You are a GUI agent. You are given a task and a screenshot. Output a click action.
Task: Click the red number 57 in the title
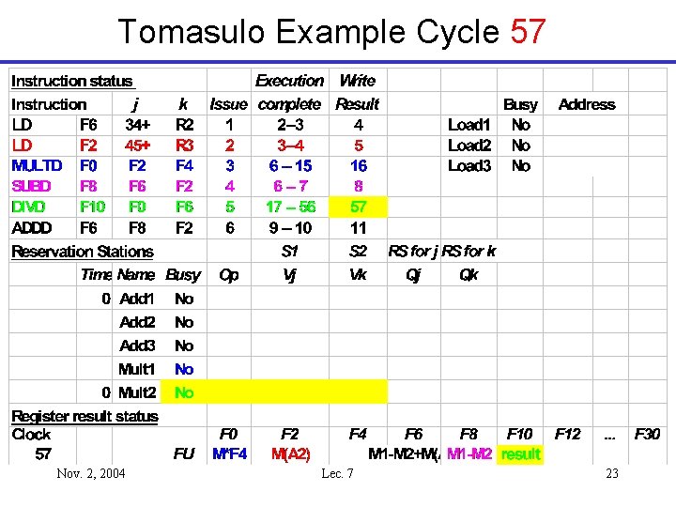point(528,33)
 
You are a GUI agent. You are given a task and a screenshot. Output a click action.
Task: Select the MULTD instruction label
point(37,165)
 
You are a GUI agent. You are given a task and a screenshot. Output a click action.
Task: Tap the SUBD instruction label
point(32,186)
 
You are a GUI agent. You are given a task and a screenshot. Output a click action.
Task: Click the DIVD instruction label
point(29,207)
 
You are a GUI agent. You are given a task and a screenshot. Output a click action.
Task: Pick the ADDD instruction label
point(32,227)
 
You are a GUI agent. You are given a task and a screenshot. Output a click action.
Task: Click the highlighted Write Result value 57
point(359,207)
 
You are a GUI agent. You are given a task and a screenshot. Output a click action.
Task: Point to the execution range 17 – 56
point(290,207)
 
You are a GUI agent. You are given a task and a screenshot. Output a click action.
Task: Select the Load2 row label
point(469,146)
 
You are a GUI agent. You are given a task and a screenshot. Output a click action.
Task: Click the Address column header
point(587,104)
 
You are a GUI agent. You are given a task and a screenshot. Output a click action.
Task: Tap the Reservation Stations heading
point(82,252)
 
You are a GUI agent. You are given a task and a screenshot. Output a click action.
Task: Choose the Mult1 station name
point(138,369)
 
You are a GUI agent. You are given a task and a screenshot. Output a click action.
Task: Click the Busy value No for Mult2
point(184,392)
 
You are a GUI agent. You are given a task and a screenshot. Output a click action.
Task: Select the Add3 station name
point(138,346)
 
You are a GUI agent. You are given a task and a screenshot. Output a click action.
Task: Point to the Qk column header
point(469,275)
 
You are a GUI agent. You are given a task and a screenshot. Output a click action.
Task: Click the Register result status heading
point(84,416)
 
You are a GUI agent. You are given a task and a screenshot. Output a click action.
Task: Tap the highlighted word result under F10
point(521,454)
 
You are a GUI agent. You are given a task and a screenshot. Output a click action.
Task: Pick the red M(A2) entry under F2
point(291,454)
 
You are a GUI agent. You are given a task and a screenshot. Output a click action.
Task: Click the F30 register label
point(648,434)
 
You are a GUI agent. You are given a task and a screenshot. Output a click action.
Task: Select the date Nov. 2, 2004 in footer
point(91,473)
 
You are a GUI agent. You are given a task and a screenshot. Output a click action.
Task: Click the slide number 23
point(612,473)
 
